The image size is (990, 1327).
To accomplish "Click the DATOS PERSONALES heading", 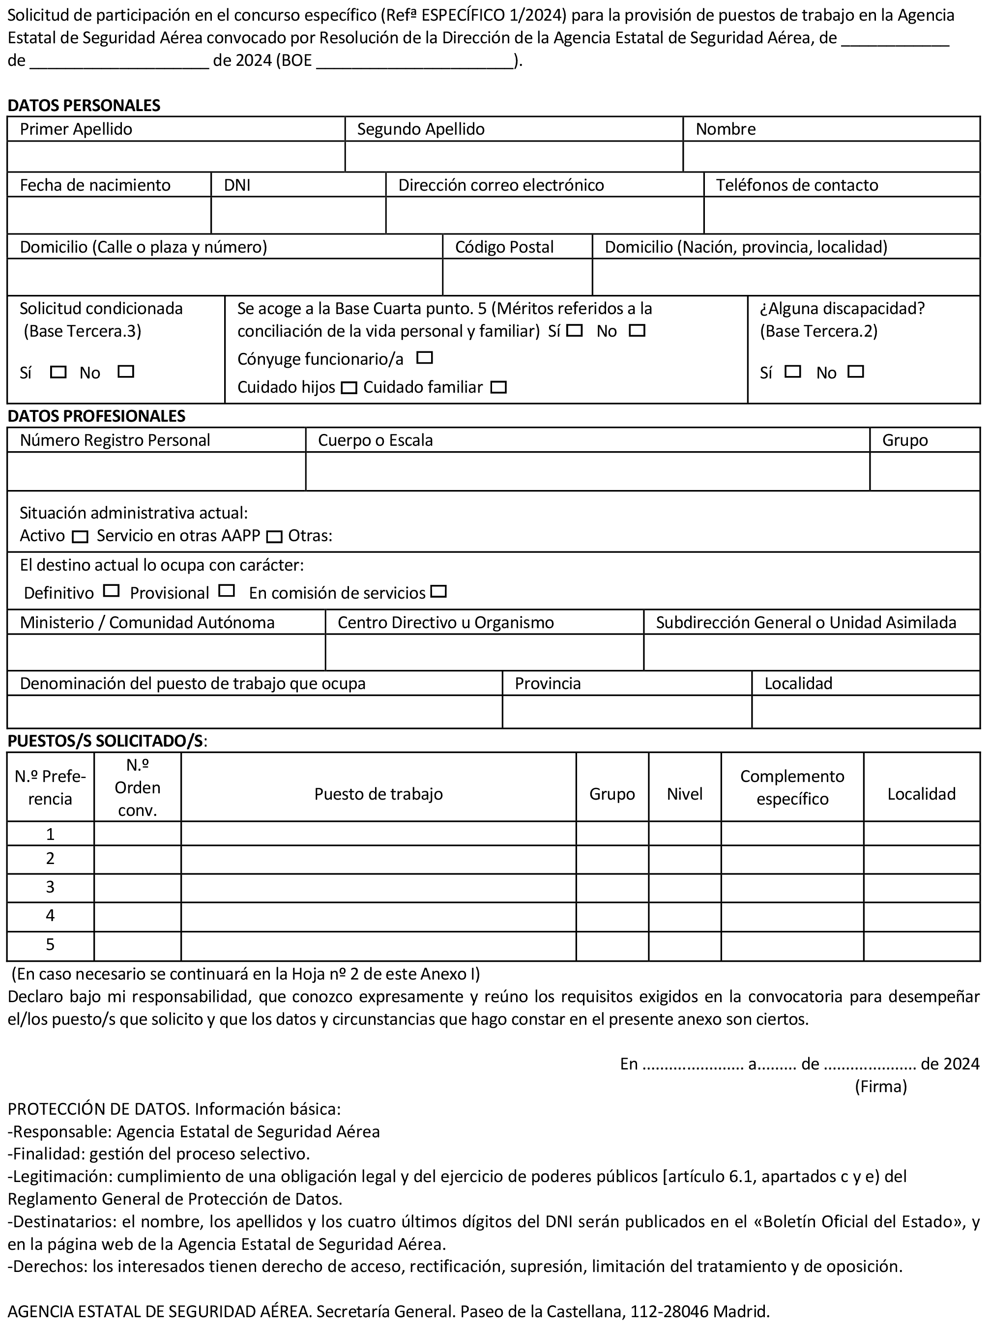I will tap(84, 106).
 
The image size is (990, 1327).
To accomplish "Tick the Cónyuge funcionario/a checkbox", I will tap(424, 358).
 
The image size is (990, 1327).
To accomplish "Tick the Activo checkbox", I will tap(80, 536).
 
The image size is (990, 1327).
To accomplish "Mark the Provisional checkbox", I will tap(227, 591).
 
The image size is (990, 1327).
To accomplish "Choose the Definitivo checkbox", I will tap(111, 591).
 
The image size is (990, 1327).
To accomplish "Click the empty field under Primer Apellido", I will tap(176, 157).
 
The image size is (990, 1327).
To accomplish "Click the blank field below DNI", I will tap(298, 215).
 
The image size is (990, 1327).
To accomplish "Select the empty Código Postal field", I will tap(517, 277).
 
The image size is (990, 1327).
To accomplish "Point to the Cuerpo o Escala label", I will tap(375, 440).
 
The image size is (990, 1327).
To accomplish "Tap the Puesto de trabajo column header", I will tap(378, 794).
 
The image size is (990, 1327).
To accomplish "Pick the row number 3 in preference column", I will tap(50, 887).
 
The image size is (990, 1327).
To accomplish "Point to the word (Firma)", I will tap(880, 1086).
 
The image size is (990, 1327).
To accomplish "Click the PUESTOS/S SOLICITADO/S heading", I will tap(106, 741).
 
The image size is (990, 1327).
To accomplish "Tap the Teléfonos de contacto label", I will tap(796, 185).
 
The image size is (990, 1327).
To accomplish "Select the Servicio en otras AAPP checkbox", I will tap(274, 536).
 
